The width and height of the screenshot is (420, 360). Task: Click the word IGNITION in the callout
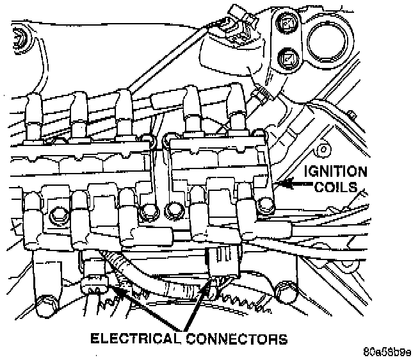(x=336, y=172)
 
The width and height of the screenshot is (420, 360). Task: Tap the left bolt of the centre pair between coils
(x=151, y=211)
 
